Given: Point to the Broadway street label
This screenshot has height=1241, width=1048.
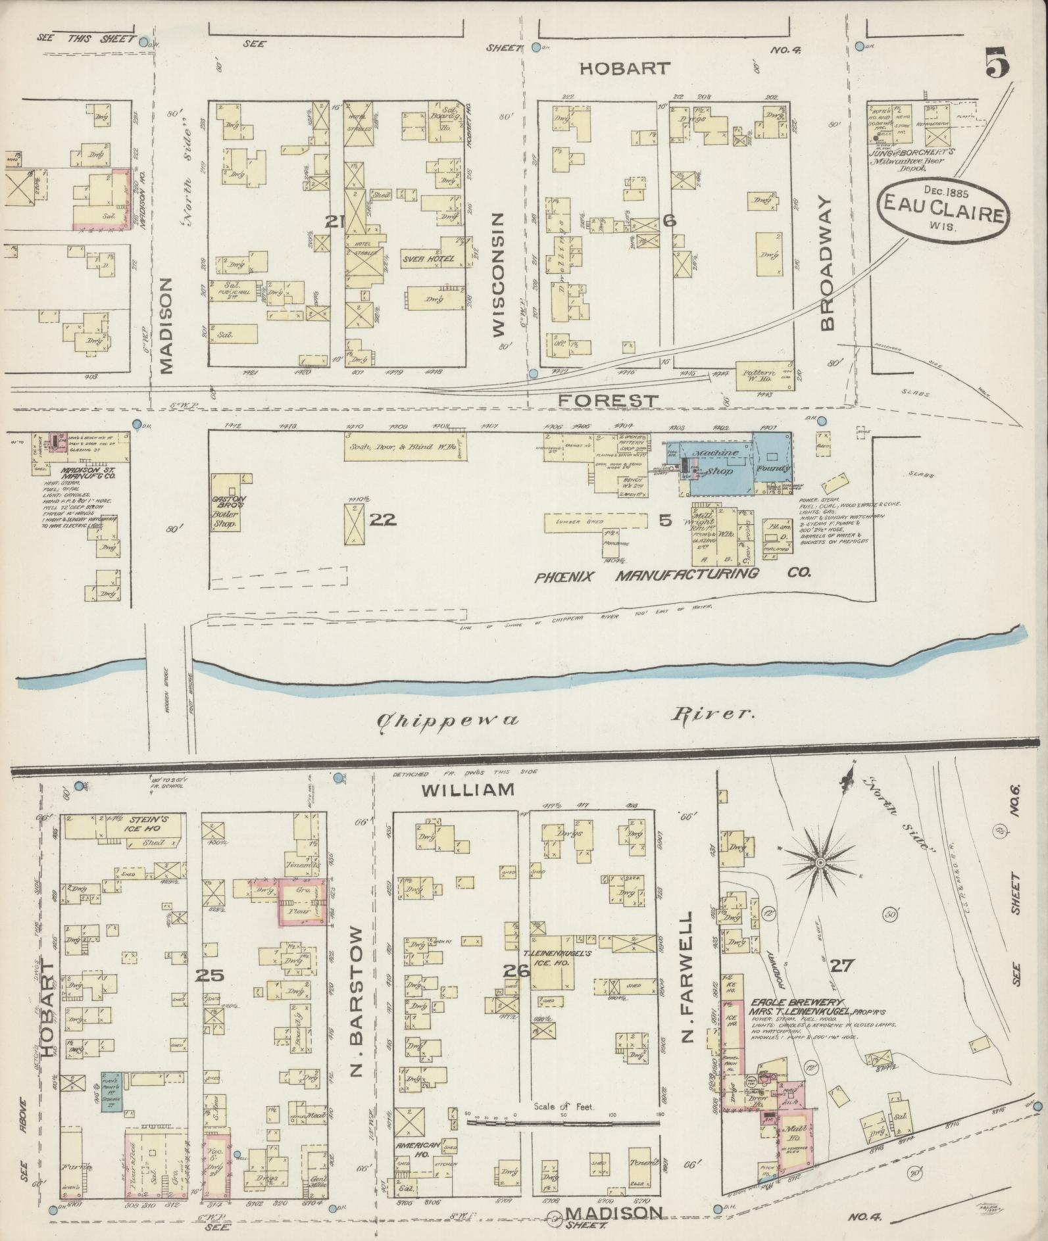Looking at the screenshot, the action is (828, 264).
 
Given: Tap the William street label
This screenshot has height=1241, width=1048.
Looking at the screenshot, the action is (468, 790).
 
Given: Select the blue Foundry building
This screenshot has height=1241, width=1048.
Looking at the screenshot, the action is (772, 460).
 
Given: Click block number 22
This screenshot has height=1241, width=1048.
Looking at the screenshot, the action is (383, 520).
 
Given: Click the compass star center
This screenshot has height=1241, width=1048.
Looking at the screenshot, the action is (820, 862).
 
